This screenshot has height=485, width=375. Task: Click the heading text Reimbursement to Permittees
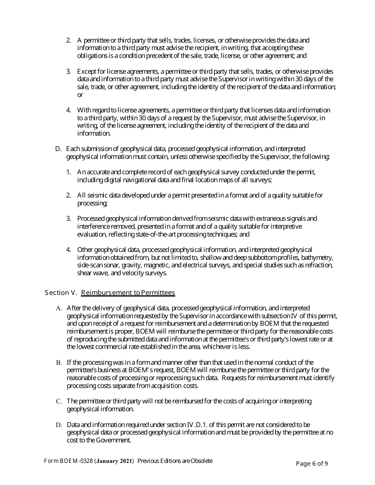click(x=128, y=293)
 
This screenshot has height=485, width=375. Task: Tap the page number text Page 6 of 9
click(x=312, y=464)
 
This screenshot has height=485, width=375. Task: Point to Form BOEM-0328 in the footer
click(x=68, y=461)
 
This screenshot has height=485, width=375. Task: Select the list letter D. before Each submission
click(x=58, y=149)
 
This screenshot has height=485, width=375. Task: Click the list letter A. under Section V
click(x=59, y=308)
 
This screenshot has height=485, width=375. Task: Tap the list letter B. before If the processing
click(x=59, y=362)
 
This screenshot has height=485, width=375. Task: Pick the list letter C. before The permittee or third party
click(x=59, y=401)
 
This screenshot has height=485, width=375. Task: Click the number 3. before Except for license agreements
click(x=69, y=71)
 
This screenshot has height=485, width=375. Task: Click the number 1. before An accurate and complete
click(x=69, y=172)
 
